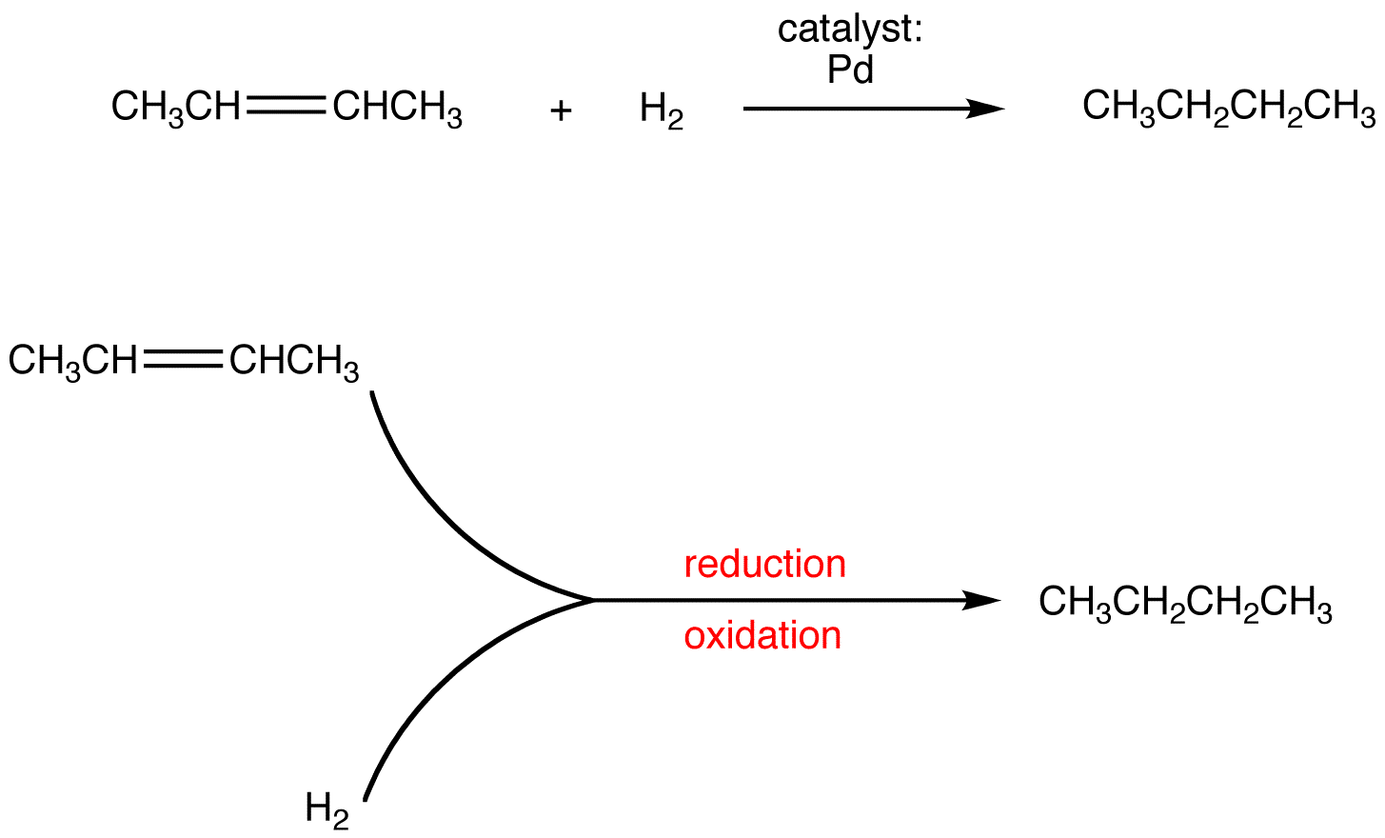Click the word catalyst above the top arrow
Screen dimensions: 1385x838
click(850, 30)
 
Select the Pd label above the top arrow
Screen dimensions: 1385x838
click(850, 70)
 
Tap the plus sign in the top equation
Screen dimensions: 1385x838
click(561, 111)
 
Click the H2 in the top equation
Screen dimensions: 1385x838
click(662, 111)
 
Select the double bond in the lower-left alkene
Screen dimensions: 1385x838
click(183, 360)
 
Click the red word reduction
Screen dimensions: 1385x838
click(765, 565)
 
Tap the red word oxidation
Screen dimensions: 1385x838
click(762, 636)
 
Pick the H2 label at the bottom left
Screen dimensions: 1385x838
click(326, 809)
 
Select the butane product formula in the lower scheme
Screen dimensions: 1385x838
click(1185, 603)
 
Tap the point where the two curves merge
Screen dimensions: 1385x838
click(592, 600)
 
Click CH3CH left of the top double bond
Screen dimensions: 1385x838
click(176, 108)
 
